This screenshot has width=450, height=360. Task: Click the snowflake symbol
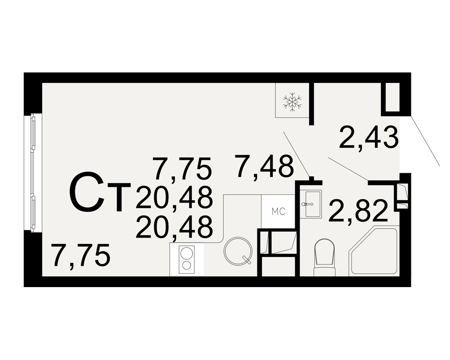click(292, 102)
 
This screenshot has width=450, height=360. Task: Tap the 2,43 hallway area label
click(369, 138)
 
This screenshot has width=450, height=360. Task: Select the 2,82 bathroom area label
click(358, 211)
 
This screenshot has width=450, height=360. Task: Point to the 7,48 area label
click(264, 166)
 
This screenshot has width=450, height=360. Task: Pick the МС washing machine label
click(279, 211)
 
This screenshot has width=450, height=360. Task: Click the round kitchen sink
click(238, 250)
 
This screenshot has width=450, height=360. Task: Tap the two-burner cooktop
click(187, 260)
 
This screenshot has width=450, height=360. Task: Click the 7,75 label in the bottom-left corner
click(81, 255)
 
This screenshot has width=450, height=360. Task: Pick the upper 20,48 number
click(174, 197)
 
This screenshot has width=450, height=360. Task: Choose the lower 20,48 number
click(174, 227)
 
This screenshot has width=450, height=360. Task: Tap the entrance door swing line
click(425, 141)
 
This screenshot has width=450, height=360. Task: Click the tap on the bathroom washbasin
click(307, 204)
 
